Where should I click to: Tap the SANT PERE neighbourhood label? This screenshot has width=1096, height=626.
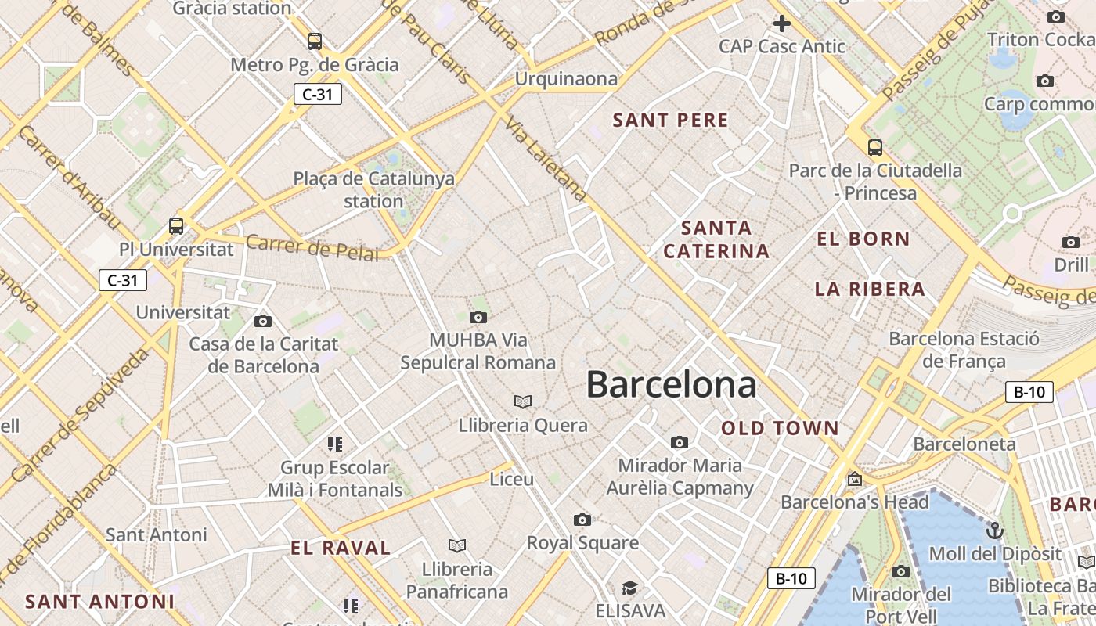click(670, 121)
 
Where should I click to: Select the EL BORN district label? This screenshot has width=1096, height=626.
click(863, 239)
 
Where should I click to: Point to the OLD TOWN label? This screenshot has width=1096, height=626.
click(780, 429)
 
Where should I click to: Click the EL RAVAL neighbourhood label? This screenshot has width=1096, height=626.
click(341, 549)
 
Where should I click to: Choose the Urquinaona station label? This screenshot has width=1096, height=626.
click(566, 79)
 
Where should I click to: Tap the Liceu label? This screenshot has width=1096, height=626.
click(511, 479)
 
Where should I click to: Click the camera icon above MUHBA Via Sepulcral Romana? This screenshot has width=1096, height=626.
click(478, 317)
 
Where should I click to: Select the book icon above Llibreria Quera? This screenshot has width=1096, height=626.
click(523, 401)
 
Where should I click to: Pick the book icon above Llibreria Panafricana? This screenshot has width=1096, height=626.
click(457, 545)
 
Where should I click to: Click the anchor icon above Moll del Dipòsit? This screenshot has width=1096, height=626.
click(994, 531)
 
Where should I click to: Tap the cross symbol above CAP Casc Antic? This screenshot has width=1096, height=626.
click(781, 23)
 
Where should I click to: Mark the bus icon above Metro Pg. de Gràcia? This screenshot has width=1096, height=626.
click(314, 41)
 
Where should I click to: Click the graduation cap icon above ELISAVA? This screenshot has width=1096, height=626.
click(629, 588)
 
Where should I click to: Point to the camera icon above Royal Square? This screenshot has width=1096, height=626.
click(582, 520)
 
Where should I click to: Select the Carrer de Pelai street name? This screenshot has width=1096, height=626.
click(312, 248)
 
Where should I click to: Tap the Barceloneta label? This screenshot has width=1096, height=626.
click(964, 444)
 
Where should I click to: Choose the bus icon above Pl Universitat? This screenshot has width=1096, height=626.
click(176, 226)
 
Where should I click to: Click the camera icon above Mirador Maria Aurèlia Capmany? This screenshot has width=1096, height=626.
click(680, 442)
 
